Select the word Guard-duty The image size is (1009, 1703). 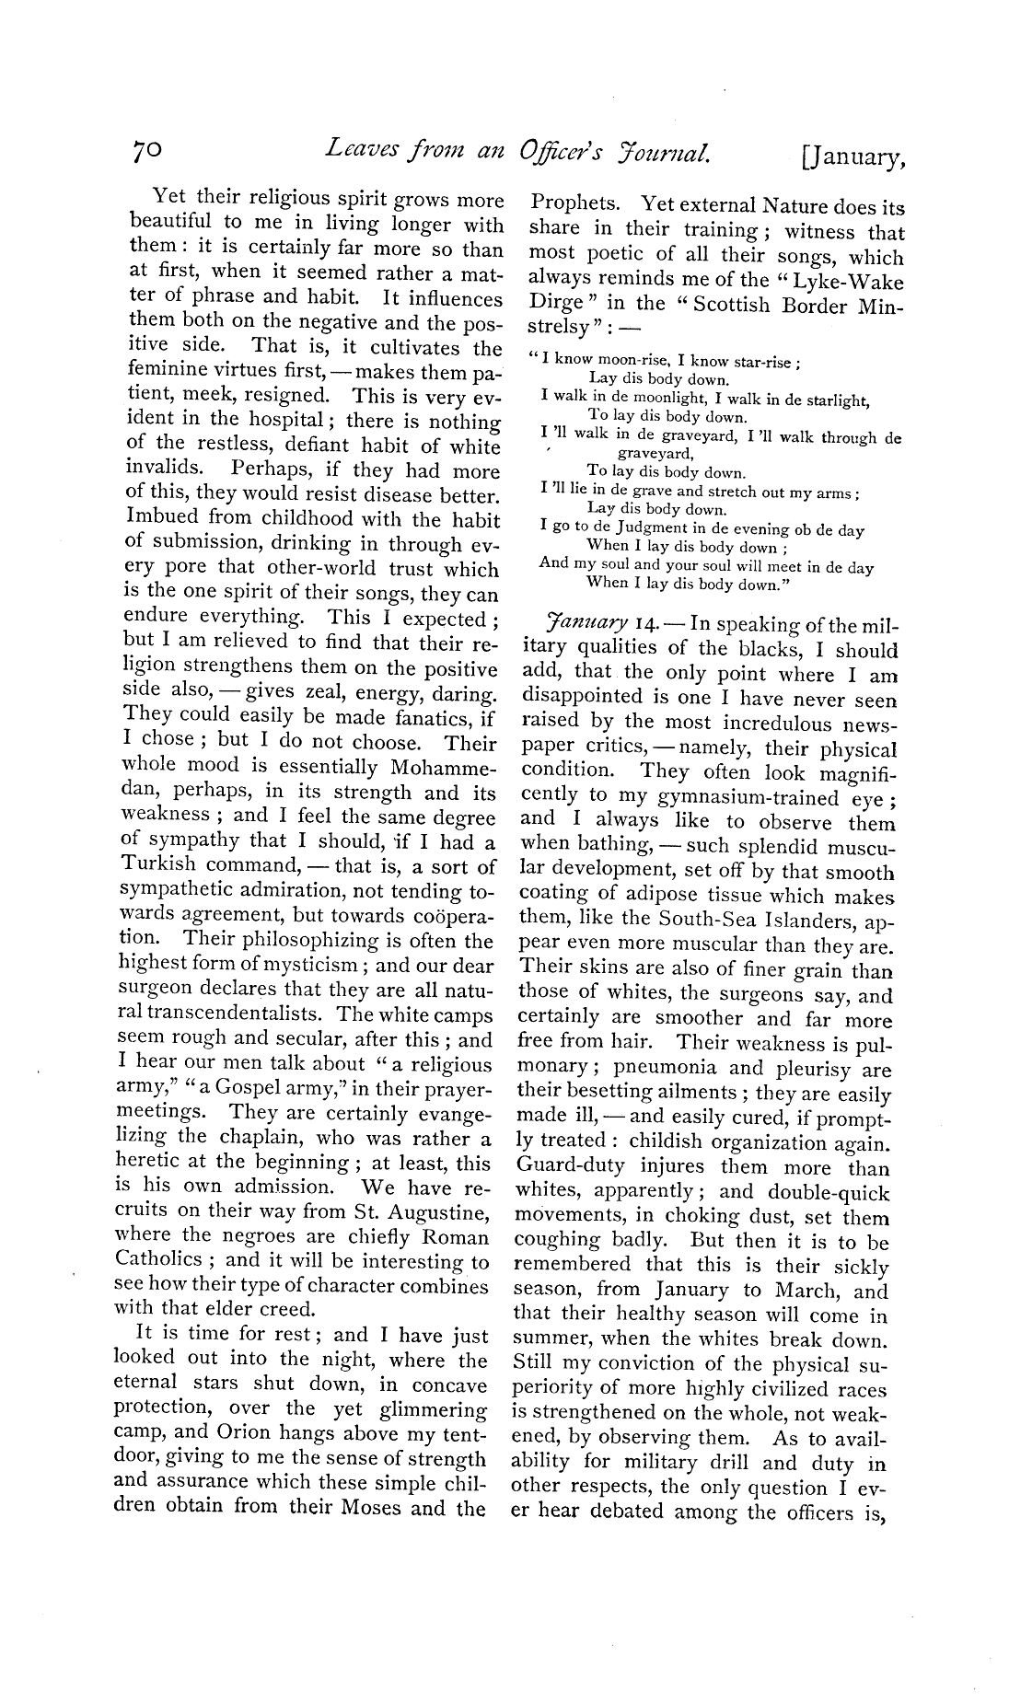point(565,1168)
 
